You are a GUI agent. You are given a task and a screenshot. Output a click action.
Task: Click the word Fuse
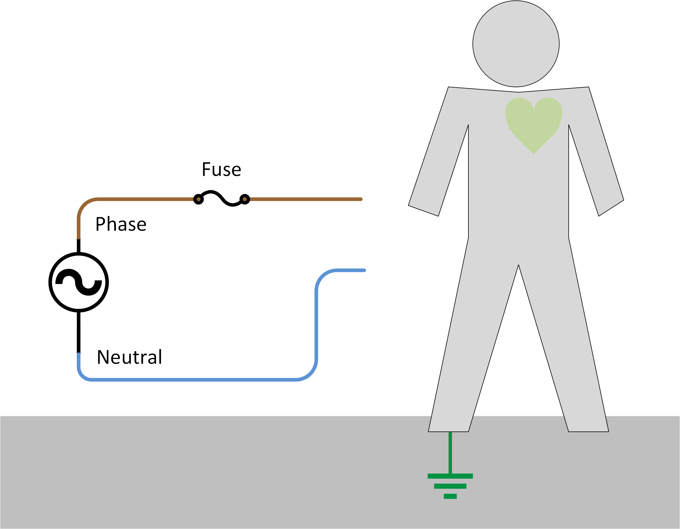tap(221, 170)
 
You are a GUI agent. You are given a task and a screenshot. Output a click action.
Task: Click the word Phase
tap(121, 224)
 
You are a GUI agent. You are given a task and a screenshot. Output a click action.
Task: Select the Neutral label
tap(129, 357)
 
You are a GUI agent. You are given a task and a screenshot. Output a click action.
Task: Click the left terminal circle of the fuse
tap(198, 199)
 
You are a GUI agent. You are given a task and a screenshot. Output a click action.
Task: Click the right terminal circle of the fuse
tap(245, 199)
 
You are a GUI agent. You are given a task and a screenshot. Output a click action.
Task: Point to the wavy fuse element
tap(221, 198)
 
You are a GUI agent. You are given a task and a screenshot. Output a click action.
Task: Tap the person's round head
tap(516, 43)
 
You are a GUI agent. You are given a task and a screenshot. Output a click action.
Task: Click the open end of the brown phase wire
tap(360, 199)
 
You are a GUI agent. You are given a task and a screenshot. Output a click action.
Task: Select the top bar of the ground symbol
tap(450, 476)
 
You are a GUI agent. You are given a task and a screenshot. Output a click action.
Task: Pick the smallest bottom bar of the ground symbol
tap(450, 496)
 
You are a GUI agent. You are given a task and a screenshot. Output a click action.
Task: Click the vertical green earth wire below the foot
tap(450, 453)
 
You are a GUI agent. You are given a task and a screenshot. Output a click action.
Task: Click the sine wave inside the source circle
tap(79, 282)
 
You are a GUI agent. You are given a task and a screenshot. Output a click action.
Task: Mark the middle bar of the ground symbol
tap(450, 486)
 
